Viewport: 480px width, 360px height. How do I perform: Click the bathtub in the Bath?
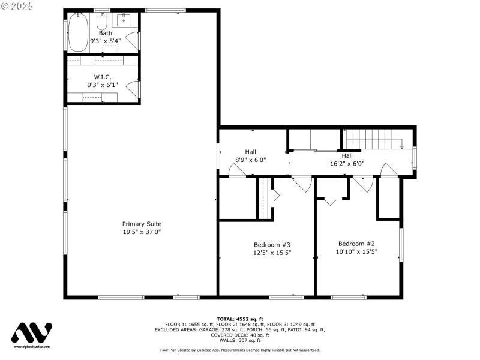pos(77,32)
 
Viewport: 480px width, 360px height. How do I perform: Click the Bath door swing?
pos(133,41)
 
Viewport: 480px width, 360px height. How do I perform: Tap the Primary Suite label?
pos(142,224)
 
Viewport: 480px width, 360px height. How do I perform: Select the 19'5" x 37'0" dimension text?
pos(142,232)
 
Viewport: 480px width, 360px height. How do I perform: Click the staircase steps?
pos(372,139)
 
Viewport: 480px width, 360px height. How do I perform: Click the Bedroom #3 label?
pos(272,245)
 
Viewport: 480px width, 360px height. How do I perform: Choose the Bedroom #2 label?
pos(356,244)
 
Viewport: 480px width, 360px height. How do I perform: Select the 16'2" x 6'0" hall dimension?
pos(347,163)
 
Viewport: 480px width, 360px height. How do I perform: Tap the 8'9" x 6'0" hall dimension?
pos(250,160)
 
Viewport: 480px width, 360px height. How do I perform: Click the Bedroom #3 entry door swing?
pos(302,184)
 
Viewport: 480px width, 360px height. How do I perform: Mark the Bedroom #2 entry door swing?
pos(364,184)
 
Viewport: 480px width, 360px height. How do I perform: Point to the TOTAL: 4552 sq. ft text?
pos(239,319)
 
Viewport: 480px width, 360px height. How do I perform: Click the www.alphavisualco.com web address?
pos(32,347)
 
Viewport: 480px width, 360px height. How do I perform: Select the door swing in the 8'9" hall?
pos(236,171)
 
